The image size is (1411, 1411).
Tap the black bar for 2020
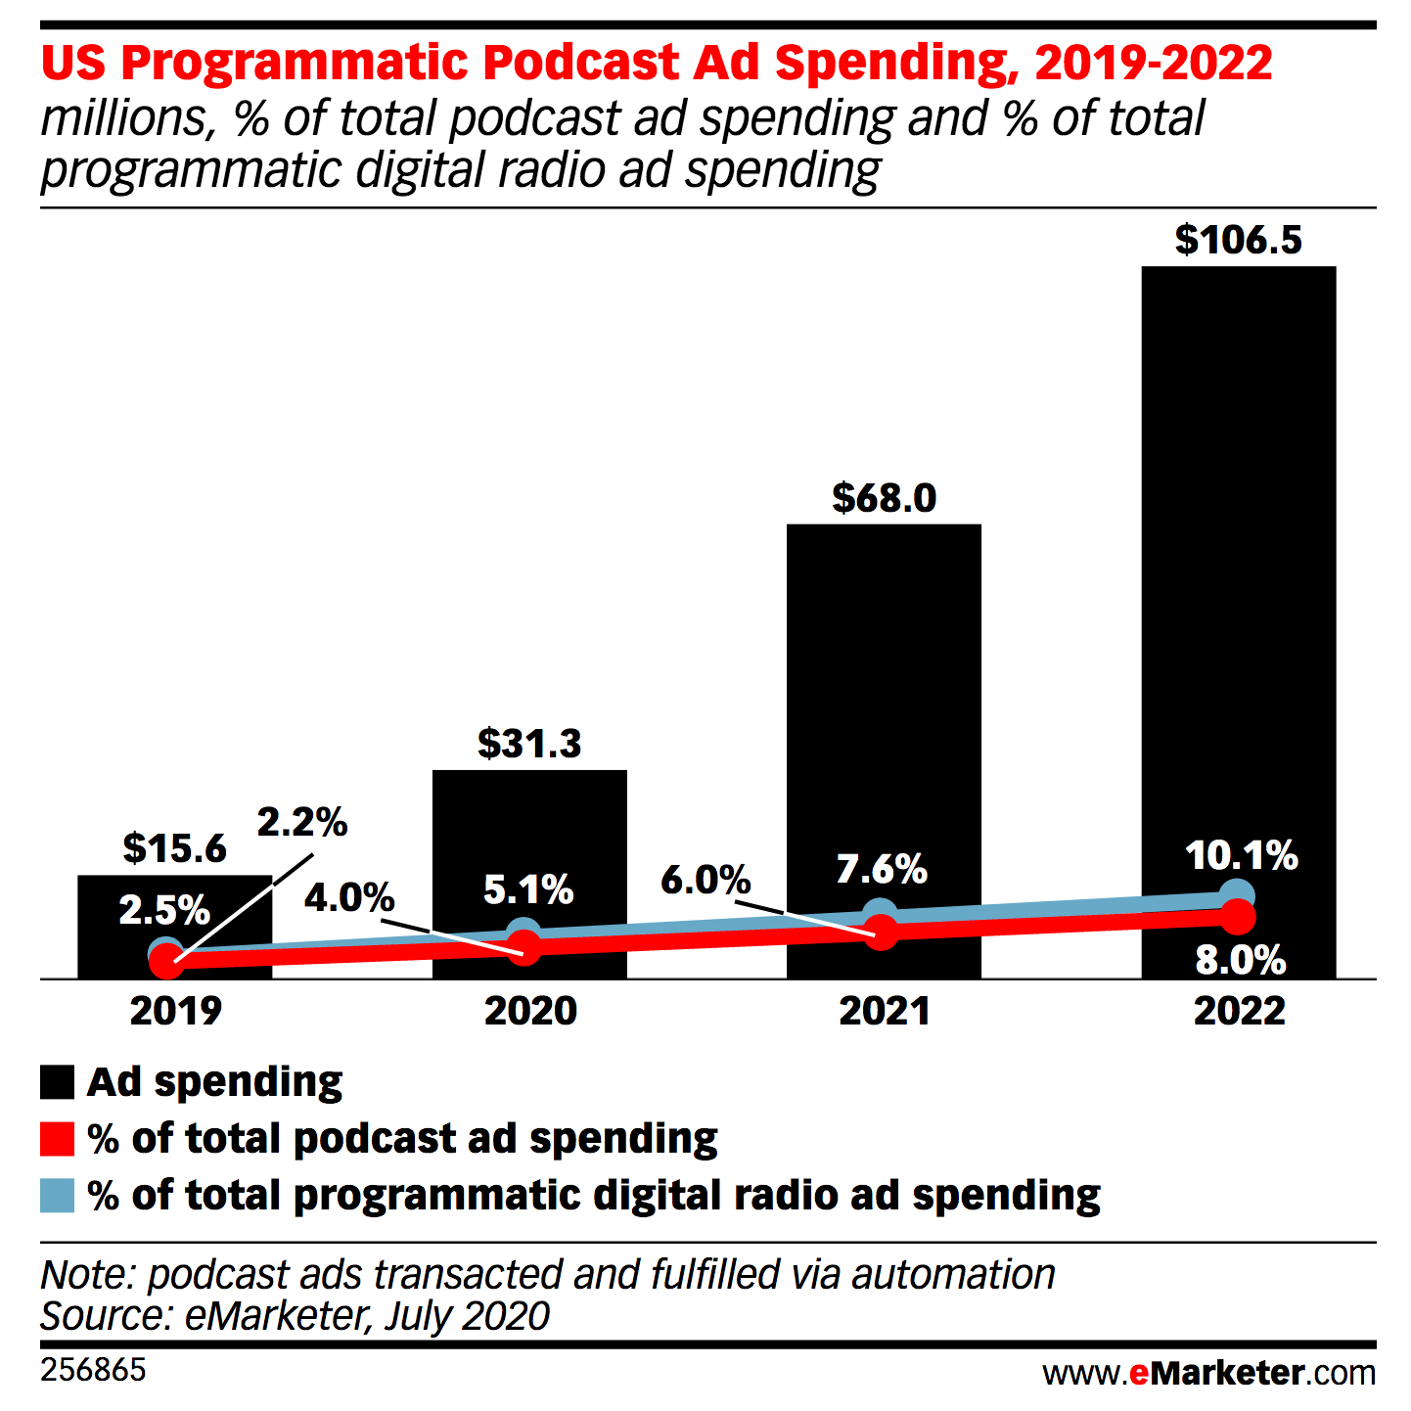pyautogui.click(x=529, y=832)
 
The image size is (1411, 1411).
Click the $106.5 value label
pyautogui.click(x=1238, y=241)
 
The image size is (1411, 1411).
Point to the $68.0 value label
pyautogui.click(x=884, y=499)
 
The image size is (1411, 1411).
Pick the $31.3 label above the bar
pyautogui.click(x=529, y=745)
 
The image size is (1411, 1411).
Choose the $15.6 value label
pyautogui.click(x=175, y=848)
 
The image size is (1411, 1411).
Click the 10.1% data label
pyautogui.click(x=1241, y=856)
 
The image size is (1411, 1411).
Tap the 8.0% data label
pyautogui.click(x=1241, y=961)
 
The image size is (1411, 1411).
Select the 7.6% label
pyautogui.click(x=882, y=869)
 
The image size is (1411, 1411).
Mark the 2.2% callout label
pyautogui.click(x=302, y=823)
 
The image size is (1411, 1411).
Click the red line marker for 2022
pyautogui.click(x=1238, y=917)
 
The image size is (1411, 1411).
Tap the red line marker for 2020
pyautogui.click(x=525, y=946)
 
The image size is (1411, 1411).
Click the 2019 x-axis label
pyautogui.click(x=176, y=1011)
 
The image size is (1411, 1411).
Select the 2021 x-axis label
pyautogui.click(x=885, y=1011)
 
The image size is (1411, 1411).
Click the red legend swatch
pyautogui.click(x=57, y=1140)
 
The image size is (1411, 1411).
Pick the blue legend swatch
pyautogui.click(x=57, y=1196)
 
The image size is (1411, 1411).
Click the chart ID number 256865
pyautogui.click(x=93, y=1370)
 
